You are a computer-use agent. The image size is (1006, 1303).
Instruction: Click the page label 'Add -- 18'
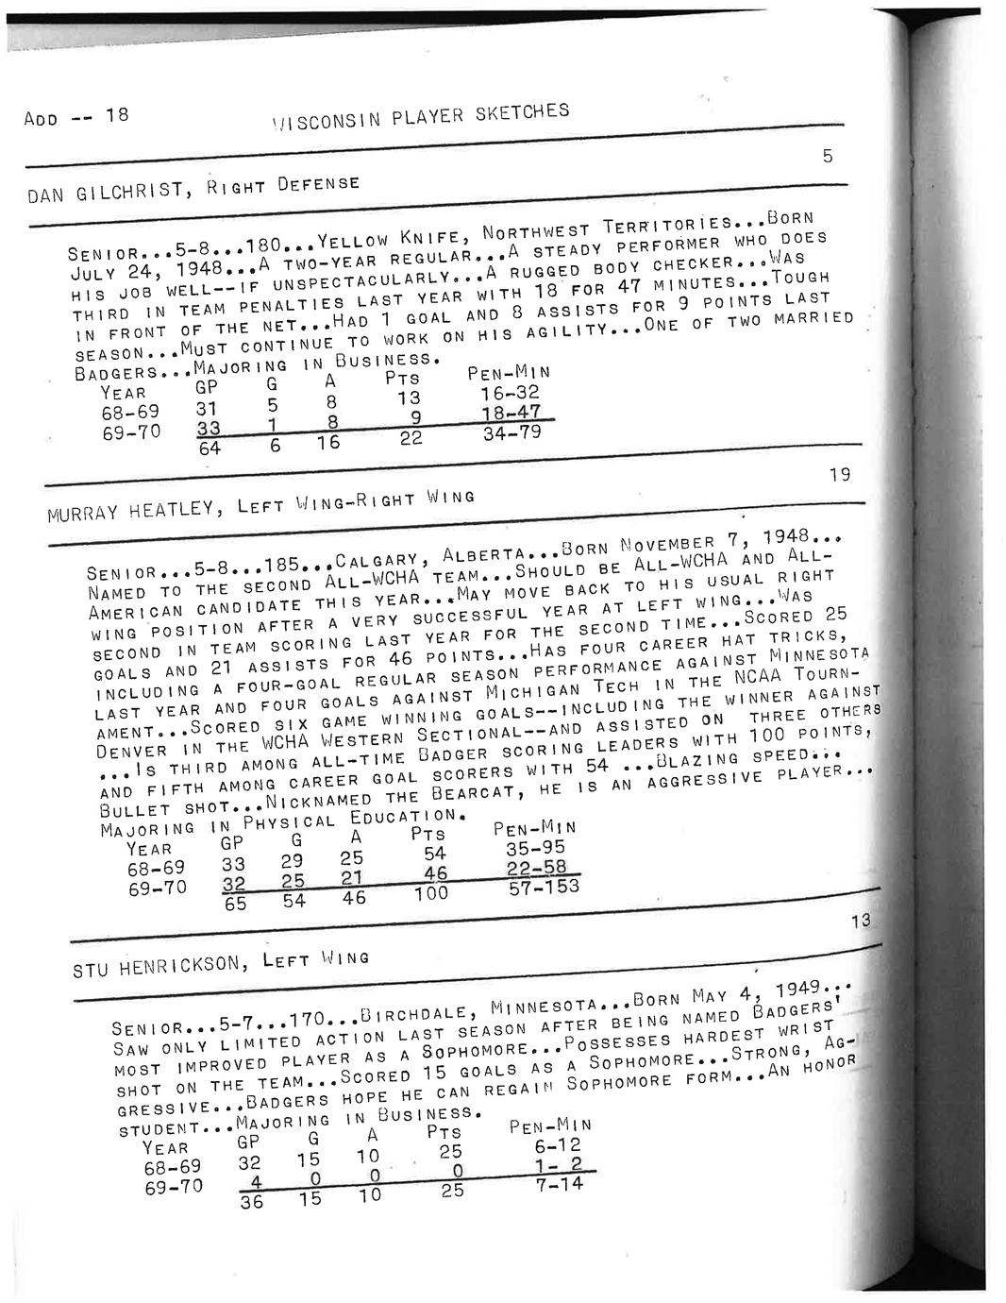tap(75, 117)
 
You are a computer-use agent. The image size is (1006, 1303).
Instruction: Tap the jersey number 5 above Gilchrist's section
tap(828, 157)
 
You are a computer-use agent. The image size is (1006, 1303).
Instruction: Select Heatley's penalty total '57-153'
tap(544, 886)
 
